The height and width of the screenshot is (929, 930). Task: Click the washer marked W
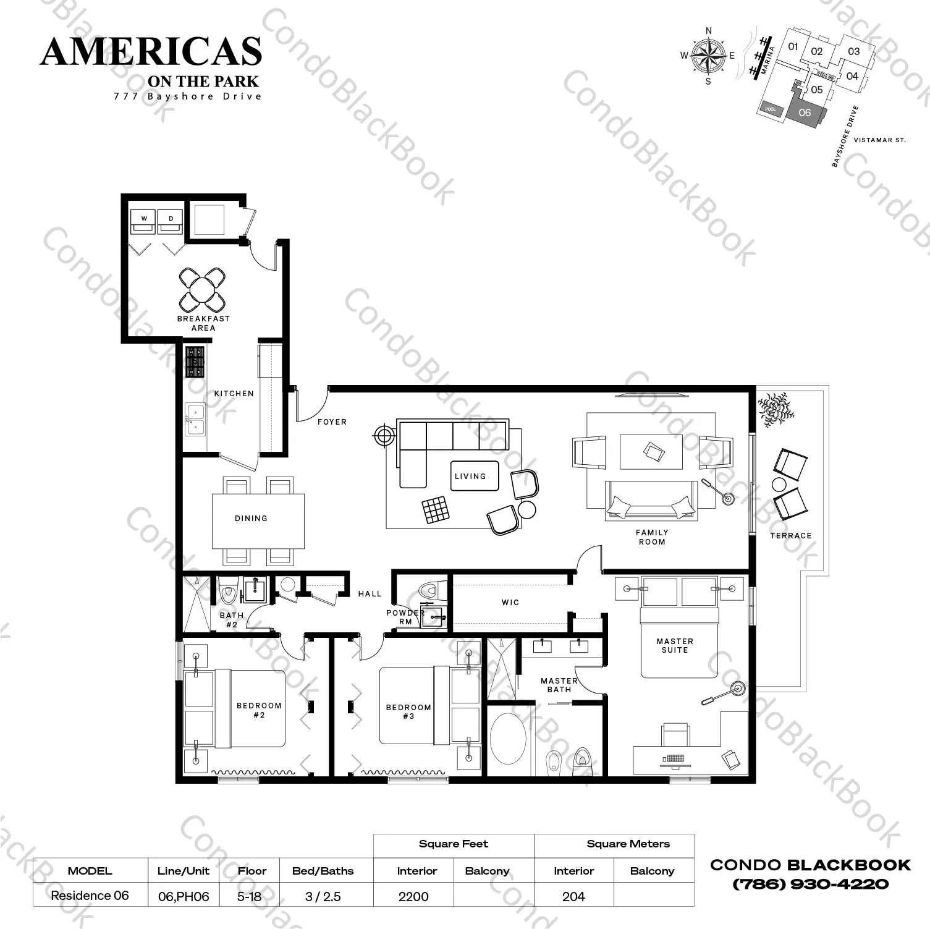coord(144,221)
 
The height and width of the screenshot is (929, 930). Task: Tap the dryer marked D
coord(171,221)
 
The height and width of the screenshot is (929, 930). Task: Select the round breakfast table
coord(202,289)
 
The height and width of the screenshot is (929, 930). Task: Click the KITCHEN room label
coord(234,394)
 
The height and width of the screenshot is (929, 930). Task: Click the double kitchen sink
coord(195,418)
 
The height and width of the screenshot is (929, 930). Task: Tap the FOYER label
coord(332,422)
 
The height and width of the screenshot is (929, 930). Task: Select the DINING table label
coord(251,519)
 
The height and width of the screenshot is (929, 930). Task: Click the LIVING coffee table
coord(474,476)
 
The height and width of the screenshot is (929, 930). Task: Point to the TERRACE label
coord(791,536)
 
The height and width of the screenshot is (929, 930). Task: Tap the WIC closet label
coord(510,603)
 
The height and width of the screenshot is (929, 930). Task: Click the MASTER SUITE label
coord(675,646)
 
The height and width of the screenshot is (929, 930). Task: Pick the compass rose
coord(708,56)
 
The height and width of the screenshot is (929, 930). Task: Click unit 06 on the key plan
coord(805,112)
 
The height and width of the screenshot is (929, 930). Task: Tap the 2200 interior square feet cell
coord(413,896)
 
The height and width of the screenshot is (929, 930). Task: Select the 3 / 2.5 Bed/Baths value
coord(323,896)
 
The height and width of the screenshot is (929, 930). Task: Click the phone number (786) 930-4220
coord(811,884)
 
